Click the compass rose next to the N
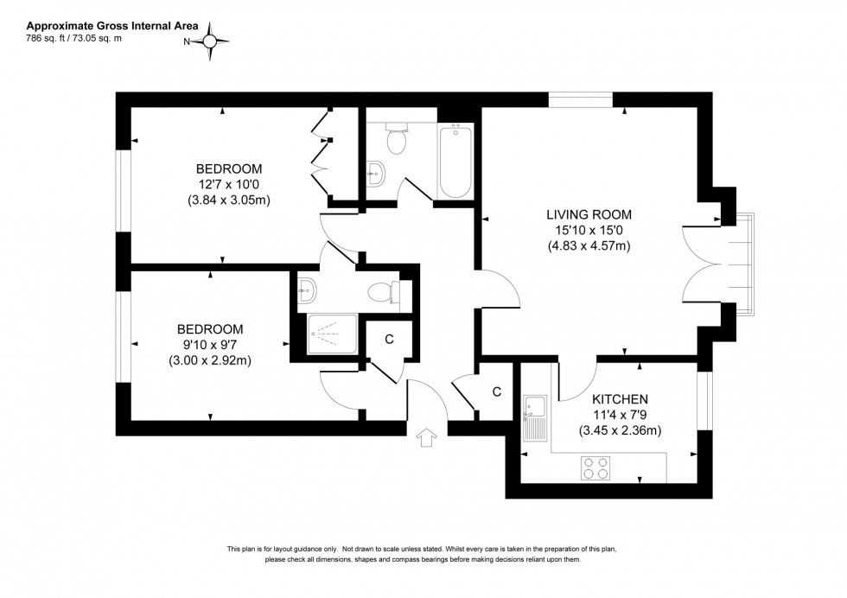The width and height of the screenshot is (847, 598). (213, 41)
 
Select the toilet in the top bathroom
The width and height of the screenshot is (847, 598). (398, 138)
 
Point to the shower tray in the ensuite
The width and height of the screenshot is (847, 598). (332, 334)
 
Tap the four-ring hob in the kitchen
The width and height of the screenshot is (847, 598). (595, 468)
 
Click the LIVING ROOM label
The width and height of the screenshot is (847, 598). (589, 214)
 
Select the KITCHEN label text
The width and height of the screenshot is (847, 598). (621, 399)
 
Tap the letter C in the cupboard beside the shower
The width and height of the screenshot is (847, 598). (389, 339)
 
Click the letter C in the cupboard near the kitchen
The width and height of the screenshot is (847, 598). (496, 391)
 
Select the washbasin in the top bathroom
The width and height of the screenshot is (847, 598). (375, 171)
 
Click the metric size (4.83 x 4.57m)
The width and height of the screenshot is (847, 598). (589, 245)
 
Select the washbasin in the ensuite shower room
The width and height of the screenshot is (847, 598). (306, 289)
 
